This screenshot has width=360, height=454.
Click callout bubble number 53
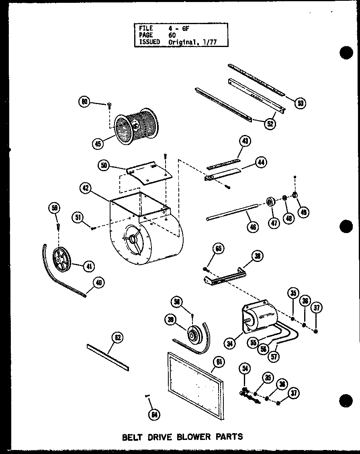point(299,103)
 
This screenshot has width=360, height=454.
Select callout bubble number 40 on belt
point(98,283)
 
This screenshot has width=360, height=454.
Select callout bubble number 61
point(219,362)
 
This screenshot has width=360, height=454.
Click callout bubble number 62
point(117,338)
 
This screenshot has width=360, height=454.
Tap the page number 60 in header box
point(172,35)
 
